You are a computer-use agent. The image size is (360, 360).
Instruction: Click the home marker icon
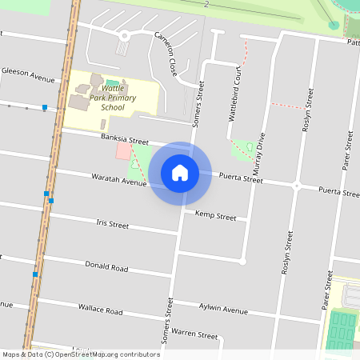[180, 172]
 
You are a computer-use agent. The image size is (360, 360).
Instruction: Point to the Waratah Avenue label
[119, 178]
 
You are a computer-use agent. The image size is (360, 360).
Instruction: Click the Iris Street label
[112, 224]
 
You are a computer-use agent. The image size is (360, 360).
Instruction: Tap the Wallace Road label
[100, 308]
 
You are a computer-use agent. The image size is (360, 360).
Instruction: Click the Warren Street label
[194, 333]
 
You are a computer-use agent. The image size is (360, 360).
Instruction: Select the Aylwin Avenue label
[223, 309]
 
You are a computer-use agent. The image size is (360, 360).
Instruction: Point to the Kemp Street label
[215, 216]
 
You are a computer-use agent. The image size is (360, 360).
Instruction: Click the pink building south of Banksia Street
[123, 151]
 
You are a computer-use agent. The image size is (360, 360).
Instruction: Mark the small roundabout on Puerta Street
[296, 186]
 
